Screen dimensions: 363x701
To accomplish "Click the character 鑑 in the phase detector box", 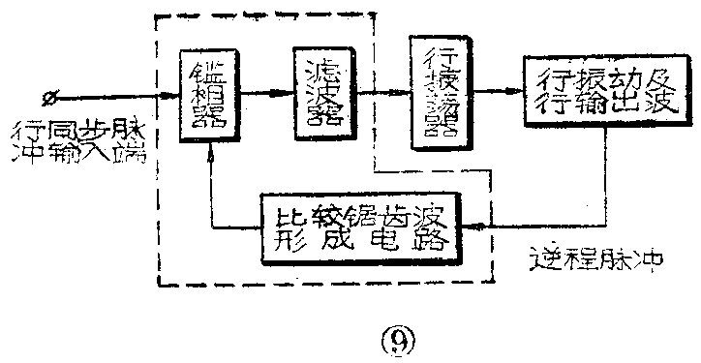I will click(208, 73).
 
